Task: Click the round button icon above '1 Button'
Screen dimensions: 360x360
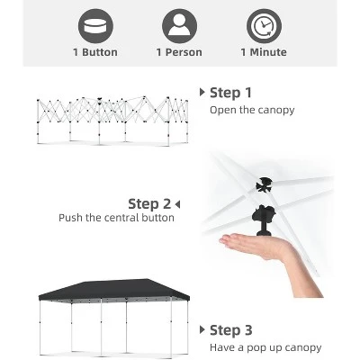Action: [x=95, y=24]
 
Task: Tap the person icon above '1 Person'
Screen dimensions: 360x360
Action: [x=178, y=24]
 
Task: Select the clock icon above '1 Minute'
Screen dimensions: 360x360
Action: [x=263, y=24]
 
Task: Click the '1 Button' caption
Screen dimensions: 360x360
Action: [x=95, y=52]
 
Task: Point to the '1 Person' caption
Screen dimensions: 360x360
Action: [x=178, y=52]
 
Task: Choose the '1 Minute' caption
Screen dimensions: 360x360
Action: [x=263, y=52]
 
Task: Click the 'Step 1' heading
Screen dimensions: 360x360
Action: [x=230, y=93]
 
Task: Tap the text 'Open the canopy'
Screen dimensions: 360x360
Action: [x=252, y=110]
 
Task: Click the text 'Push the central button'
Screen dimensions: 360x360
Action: [x=117, y=218]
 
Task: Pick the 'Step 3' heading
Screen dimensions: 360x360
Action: [x=230, y=330]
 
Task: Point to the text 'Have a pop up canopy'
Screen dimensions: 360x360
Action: [x=265, y=347]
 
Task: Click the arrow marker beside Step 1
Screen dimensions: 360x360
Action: [x=202, y=93]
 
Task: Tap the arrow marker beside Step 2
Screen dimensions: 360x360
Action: [x=177, y=203]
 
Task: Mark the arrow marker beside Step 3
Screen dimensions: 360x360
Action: [x=202, y=330]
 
